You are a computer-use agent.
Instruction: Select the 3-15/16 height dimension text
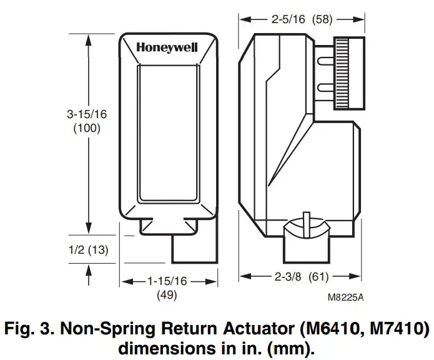[x=86, y=115]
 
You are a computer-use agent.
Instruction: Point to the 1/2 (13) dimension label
[x=87, y=250]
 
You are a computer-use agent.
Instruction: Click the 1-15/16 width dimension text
[x=167, y=281]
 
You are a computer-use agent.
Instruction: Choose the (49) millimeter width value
[x=167, y=294]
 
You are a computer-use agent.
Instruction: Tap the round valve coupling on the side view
[x=306, y=232]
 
